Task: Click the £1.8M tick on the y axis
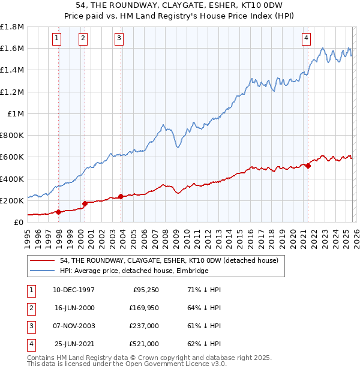12,27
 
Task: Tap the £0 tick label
19,222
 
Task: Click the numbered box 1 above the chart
56,38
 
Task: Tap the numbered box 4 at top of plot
306,38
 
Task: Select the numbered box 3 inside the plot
119,38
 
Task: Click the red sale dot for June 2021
308,166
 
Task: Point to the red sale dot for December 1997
59,212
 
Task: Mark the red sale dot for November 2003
121,196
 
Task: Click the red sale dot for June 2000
85,203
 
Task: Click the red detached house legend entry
169,261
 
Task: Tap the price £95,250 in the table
145,290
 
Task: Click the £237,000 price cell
145,326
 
